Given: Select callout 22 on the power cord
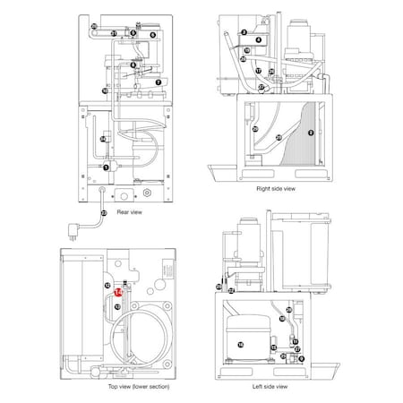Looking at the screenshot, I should pos(104,213).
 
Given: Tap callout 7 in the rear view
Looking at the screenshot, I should pos(159,81).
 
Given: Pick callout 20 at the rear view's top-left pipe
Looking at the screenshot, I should pos(94,27).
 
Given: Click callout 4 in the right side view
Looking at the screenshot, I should pos(258,40).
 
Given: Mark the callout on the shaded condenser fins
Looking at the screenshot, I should pos(310,133).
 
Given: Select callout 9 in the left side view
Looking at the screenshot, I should pos(303,358).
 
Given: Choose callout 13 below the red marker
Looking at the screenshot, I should pos(119,304).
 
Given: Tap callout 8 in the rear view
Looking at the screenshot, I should pos(133,64).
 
